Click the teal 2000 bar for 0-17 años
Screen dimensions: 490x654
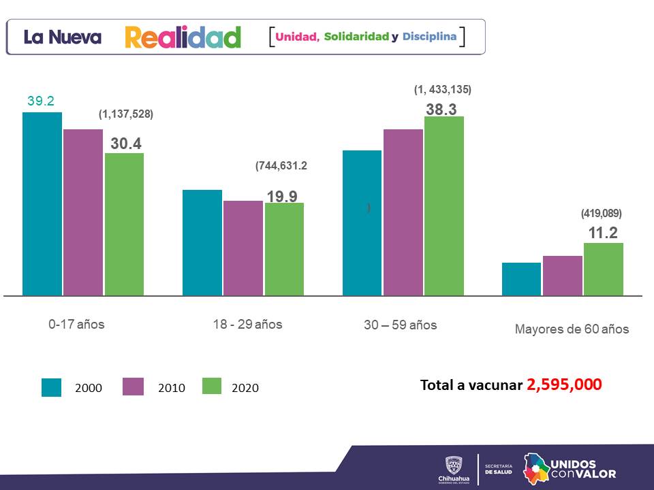point(42,203)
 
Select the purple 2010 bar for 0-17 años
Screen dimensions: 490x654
point(83,212)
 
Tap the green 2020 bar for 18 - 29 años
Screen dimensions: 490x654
point(284,249)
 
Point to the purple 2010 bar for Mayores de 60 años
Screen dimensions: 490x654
point(563,276)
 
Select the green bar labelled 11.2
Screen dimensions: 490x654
point(604,269)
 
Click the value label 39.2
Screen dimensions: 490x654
point(41,101)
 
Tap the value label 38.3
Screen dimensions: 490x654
point(441,109)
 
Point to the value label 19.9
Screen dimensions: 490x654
point(281,197)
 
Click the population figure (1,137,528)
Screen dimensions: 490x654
point(126,115)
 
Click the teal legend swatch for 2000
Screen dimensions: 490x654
point(52,387)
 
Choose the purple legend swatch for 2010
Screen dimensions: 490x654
point(133,387)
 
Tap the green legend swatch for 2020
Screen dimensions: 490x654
point(213,387)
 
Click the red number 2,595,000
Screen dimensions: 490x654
point(564,385)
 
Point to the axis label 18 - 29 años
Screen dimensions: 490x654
point(247,324)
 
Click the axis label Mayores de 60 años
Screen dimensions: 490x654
point(572,329)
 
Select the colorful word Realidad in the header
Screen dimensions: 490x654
point(183,37)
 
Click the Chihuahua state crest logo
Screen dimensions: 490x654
point(454,465)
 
